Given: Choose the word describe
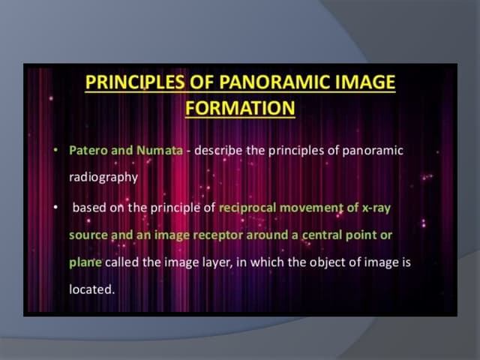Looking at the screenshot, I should point(219,151).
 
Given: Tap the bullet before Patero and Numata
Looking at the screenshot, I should point(55,151).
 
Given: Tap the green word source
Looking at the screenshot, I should point(88,235).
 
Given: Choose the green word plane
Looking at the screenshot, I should point(85,262).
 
